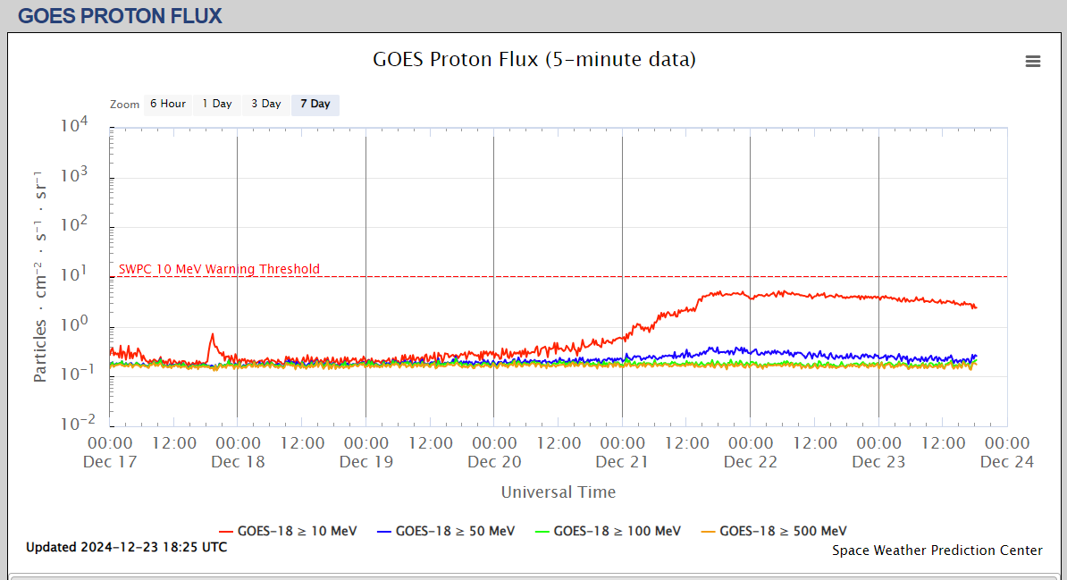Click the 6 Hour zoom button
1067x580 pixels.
tap(167, 105)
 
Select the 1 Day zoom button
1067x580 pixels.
tap(216, 105)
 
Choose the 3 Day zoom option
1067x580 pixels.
tap(265, 105)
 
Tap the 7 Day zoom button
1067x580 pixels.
tap(315, 105)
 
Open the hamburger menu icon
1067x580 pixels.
tap(1033, 61)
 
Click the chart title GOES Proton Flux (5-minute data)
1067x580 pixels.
tap(533, 60)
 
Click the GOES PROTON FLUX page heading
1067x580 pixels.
tap(120, 16)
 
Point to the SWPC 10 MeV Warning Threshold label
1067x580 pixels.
tap(219, 269)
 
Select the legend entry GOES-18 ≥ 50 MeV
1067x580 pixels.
tap(446, 531)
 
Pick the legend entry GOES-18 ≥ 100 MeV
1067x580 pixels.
tap(608, 531)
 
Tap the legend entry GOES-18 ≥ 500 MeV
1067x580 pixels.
tap(774, 531)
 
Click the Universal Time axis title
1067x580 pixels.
tap(558, 492)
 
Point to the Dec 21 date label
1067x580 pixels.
tap(622, 462)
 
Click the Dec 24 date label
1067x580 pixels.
tap(1006, 462)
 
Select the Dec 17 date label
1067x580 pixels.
tap(110, 462)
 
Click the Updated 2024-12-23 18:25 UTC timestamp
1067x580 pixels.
tap(126, 547)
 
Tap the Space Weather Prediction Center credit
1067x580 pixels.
tap(937, 551)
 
